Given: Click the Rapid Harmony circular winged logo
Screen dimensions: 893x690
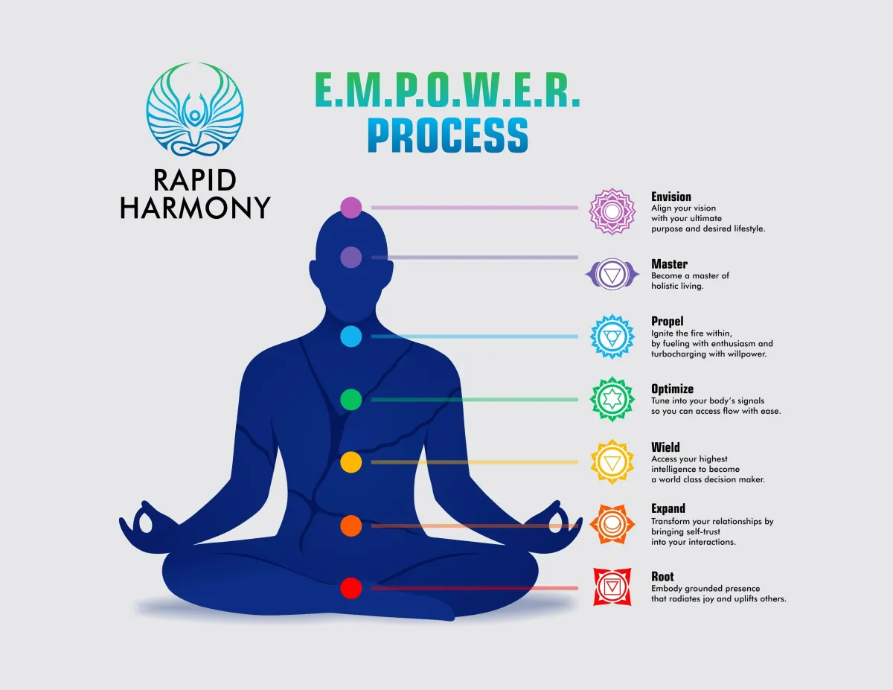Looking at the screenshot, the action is pos(195,109).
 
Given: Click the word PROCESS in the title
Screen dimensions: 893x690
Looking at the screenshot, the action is pos(447,135).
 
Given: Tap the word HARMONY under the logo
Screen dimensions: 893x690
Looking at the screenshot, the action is pos(195,208).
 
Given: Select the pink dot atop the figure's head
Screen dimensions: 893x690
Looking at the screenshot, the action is pos(351,208).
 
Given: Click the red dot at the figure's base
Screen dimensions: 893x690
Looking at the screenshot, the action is pos(351,588).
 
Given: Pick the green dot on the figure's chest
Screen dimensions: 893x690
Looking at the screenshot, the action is pos(351,400).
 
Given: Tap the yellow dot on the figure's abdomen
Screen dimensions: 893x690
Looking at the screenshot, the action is pos(351,462).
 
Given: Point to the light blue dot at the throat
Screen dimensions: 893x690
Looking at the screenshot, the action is pos(351,336).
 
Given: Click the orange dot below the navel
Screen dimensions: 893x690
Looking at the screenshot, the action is pos(351,526).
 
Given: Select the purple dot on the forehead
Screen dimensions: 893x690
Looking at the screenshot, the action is pos(351,258).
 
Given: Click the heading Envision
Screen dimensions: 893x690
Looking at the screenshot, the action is pos(671,197).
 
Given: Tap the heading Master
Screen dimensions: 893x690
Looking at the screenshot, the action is pos(669,263).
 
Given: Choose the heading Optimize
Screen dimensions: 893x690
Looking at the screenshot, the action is pos(672,389).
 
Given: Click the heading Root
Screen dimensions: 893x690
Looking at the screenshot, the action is pos(662,577).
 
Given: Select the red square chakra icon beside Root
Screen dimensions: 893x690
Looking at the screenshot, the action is pos(612,587).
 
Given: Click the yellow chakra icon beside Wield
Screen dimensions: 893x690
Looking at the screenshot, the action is pos(612,462).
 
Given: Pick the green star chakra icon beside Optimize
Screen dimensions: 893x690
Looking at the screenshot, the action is pos(612,399).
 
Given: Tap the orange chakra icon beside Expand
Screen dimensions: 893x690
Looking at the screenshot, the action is pos(612,524).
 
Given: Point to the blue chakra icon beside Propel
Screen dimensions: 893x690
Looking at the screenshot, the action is pos(612,336).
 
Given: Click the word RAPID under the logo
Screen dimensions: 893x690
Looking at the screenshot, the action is pos(195,180).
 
